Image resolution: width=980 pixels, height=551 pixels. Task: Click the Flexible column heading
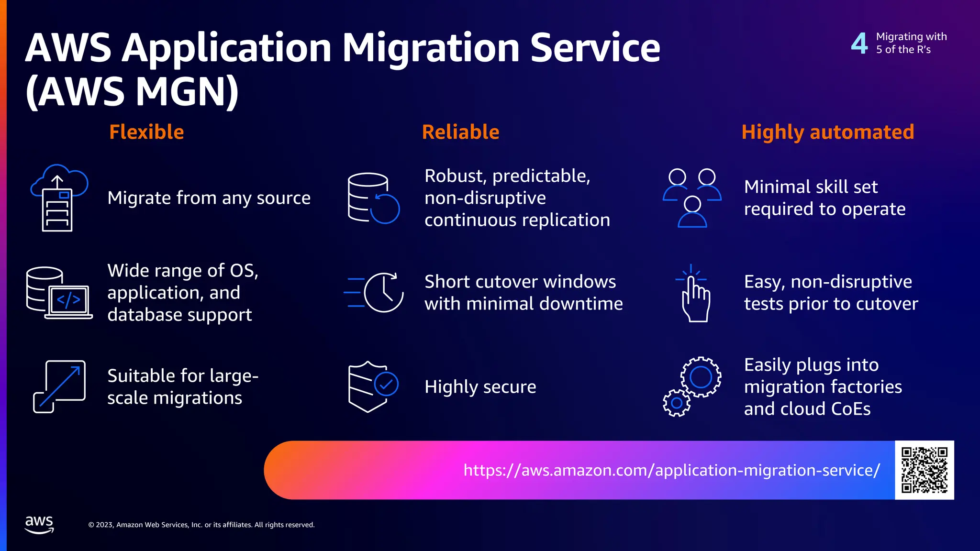(x=146, y=132)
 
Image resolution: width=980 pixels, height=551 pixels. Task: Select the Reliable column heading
(x=460, y=132)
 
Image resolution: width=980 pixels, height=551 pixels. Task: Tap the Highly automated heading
(x=828, y=132)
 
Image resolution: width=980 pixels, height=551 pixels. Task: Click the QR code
(x=924, y=470)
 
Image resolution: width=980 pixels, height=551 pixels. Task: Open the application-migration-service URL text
(x=671, y=470)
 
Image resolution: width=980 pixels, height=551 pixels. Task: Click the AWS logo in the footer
(x=39, y=524)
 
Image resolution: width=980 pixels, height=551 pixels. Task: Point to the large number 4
(x=859, y=43)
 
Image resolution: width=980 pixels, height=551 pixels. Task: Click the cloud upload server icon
(x=59, y=198)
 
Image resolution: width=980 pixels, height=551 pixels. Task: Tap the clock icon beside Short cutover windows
(x=383, y=292)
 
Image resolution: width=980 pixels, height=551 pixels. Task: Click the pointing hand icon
(x=695, y=294)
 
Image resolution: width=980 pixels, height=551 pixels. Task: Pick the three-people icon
(x=692, y=198)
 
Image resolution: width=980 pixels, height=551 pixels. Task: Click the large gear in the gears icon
(x=701, y=376)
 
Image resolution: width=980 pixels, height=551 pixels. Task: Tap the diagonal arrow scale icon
(x=59, y=386)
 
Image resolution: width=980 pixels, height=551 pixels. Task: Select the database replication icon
(x=373, y=198)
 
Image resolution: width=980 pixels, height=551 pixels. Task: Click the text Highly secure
(x=480, y=386)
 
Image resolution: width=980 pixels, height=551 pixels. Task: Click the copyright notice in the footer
(x=201, y=525)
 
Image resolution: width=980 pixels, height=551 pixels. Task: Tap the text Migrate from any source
(x=209, y=198)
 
